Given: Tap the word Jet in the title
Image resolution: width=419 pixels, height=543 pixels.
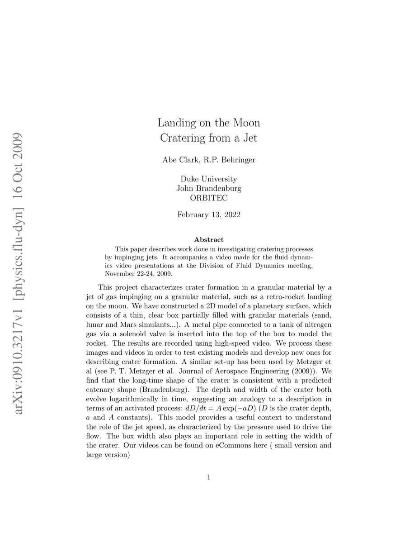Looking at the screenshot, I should pos(250,138).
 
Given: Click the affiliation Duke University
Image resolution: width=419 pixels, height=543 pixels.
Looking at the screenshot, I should pos(209,179).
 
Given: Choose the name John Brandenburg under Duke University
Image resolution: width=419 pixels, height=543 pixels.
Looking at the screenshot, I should pos(209,188).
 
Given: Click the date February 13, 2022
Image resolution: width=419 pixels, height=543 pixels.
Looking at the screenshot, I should pos(209,215).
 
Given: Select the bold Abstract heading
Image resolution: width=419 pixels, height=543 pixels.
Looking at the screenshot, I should pos(209,239).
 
